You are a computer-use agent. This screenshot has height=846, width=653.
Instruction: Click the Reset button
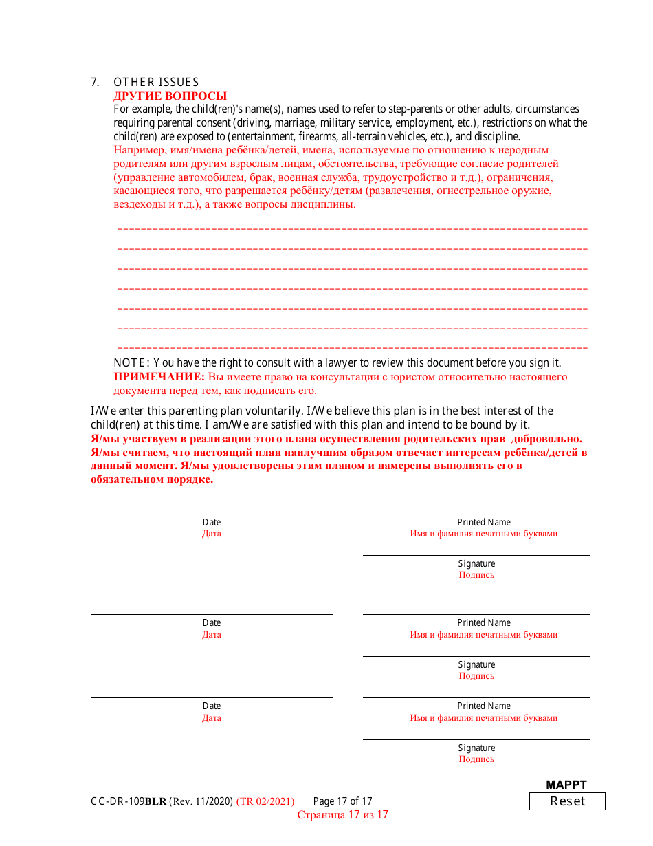[x=567, y=801]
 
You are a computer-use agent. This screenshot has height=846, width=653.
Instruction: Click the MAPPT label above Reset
[x=566, y=785]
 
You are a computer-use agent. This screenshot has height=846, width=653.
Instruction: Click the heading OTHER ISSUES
[x=156, y=83]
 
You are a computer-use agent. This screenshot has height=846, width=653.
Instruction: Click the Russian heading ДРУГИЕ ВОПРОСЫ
[x=170, y=96]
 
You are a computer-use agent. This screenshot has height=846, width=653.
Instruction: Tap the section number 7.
[x=95, y=83]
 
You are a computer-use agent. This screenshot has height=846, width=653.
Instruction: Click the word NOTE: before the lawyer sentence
[x=131, y=362]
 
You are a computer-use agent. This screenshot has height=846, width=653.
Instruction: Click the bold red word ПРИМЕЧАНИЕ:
[x=159, y=377]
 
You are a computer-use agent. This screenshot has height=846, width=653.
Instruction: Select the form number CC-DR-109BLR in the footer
[x=129, y=801]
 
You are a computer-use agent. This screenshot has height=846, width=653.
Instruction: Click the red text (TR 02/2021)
[x=265, y=801]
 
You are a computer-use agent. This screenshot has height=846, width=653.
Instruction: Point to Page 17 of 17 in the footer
[x=342, y=801]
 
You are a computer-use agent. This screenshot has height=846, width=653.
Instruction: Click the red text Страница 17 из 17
[x=342, y=815]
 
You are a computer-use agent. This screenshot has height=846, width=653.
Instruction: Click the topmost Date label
[x=212, y=523]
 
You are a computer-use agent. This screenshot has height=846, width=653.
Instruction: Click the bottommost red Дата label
[x=212, y=718]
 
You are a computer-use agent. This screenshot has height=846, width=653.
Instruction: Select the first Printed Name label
[x=484, y=523]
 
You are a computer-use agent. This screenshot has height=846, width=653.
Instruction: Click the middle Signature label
[x=476, y=665]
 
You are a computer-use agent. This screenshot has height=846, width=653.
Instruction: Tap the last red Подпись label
[x=476, y=759]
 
